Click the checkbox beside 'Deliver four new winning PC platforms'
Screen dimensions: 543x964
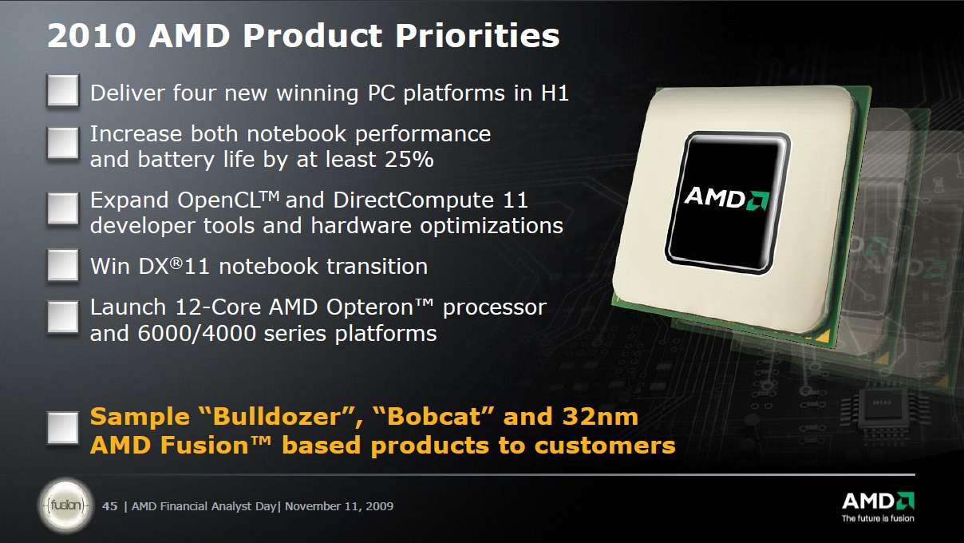(62, 91)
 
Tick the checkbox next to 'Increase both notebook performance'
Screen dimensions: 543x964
(62, 144)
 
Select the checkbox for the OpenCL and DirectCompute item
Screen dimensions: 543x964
(62, 209)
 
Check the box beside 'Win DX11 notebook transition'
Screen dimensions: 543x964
(62, 265)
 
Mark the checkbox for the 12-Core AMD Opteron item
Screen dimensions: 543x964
(62, 317)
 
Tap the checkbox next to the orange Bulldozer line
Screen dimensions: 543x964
(62, 428)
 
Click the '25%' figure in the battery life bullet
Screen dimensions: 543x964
(409, 159)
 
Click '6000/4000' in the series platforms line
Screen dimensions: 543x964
(207, 333)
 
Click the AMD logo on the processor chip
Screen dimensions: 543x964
(725, 196)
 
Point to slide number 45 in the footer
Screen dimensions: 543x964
(110, 506)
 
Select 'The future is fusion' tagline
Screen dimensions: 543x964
(878, 518)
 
